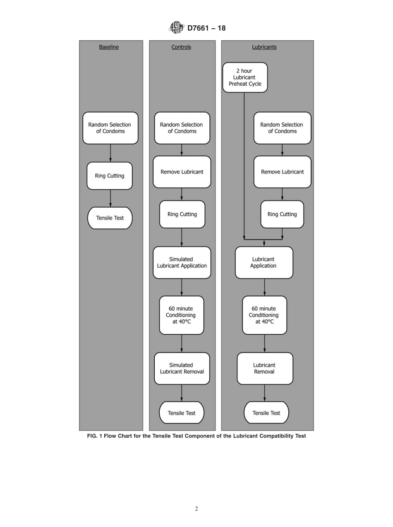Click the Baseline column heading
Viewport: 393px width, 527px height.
click(x=109, y=47)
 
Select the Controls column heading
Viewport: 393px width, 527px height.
click(x=181, y=47)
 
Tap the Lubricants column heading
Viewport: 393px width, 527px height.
click(x=264, y=47)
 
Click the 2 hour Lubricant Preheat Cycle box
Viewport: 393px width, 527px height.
click(x=245, y=77)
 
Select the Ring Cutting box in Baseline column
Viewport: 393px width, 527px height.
click(x=110, y=176)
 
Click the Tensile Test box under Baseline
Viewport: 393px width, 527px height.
click(x=110, y=218)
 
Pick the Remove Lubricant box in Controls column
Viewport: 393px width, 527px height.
click(x=182, y=172)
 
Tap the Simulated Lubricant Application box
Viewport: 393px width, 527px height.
click(x=182, y=263)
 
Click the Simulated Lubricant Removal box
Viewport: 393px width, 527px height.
click(x=182, y=368)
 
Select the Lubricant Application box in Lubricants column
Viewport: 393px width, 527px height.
click(x=264, y=263)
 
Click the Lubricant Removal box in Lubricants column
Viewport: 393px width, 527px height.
click(x=265, y=368)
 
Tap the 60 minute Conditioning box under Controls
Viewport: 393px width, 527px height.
click(x=182, y=315)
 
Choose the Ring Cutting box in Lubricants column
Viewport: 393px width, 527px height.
click(x=282, y=214)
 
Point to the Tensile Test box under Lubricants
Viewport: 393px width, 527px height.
click(x=266, y=413)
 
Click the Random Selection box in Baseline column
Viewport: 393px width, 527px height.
click(x=110, y=128)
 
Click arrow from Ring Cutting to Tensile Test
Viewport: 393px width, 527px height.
click(x=110, y=198)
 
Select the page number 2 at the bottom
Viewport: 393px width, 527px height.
click(x=196, y=509)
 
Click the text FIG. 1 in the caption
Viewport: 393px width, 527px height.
click(x=94, y=436)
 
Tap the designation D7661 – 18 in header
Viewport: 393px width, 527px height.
click(x=206, y=28)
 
